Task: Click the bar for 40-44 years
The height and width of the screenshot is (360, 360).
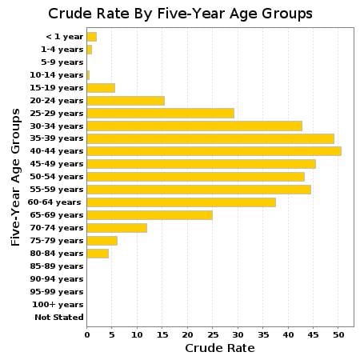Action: click(x=214, y=151)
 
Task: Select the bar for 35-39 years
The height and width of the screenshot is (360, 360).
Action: click(x=210, y=138)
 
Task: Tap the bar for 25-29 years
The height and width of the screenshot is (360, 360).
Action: click(x=160, y=113)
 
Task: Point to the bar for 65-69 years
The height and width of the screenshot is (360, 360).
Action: click(x=150, y=214)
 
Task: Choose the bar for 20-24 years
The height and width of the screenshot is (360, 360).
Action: click(x=126, y=100)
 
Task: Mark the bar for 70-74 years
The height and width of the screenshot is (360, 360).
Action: click(x=117, y=227)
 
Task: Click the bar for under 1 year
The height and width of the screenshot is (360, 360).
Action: click(x=91, y=37)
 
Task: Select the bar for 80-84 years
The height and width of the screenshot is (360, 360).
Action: click(x=98, y=253)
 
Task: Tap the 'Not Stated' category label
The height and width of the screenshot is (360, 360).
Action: click(x=58, y=317)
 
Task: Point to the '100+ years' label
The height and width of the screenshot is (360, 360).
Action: click(x=58, y=304)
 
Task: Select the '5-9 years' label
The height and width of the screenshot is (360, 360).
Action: click(x=62, y=62)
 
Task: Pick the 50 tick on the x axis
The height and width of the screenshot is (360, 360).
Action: click(x=338, y=334)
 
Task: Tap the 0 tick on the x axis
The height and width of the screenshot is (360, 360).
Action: click(x=86, y=334)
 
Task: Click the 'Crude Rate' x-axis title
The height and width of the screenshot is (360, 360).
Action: click(x=219, y=348)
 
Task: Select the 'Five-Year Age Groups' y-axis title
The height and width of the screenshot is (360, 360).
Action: click(x=15, y=176)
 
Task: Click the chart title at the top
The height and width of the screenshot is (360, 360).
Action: click(x=180, y=14)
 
